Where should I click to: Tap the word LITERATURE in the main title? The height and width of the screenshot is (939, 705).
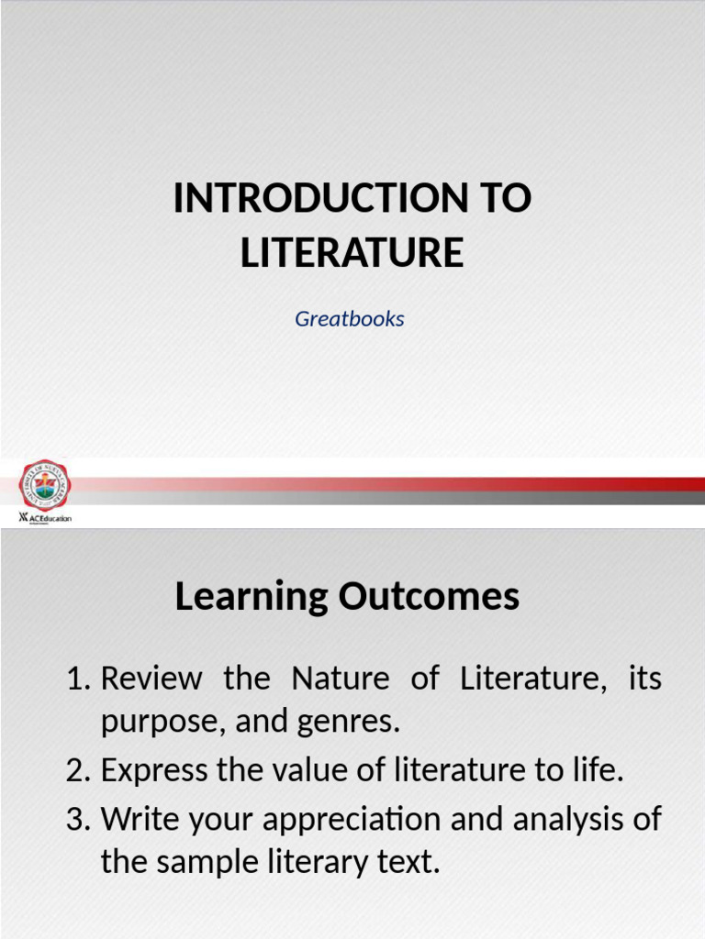tap(352, 253)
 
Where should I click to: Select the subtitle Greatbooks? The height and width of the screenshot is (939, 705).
tap(350, 319)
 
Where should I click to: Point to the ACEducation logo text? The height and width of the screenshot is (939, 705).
tap(50, 518)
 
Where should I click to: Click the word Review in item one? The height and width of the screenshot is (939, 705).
tap(151, 679)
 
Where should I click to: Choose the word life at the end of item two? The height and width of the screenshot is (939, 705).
tap(598, 771)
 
